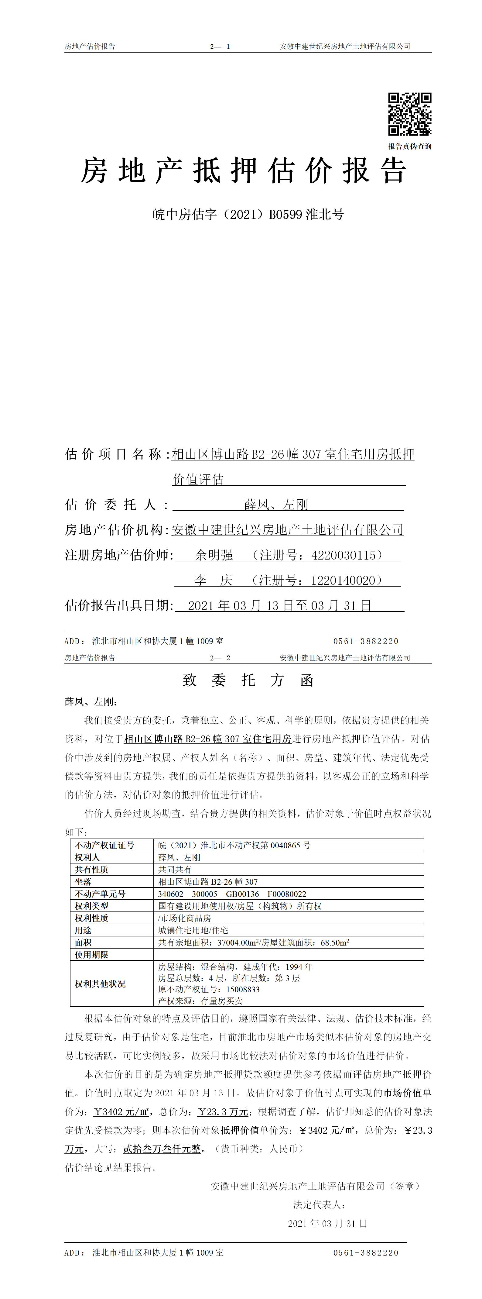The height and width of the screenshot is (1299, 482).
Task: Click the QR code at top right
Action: pyautogui.click(x=409, y=115)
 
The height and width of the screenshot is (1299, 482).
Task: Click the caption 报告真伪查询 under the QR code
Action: pyautogui.click(x=409, y=146)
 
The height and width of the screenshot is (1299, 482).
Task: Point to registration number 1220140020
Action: pyautogui.click(x=343, y=581)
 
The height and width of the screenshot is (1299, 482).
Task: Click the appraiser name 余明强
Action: pyautogui.click(x=214, y=555)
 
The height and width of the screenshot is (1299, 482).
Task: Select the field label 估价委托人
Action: pyautogui.click(x=117, y=505)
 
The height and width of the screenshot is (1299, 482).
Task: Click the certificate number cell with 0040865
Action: pyautogui.click(x=234, y=845)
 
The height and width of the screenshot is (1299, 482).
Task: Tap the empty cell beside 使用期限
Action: pyautogui.click(x=288, y=955)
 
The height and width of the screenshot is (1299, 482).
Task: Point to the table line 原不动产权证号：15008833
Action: pyautogui.click(x=209, y=989)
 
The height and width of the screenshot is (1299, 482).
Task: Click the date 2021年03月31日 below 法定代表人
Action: pyautogui.click(x=327, y=1223)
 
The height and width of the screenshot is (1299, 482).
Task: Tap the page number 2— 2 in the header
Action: pyautogui.click(x=220, y=658)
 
